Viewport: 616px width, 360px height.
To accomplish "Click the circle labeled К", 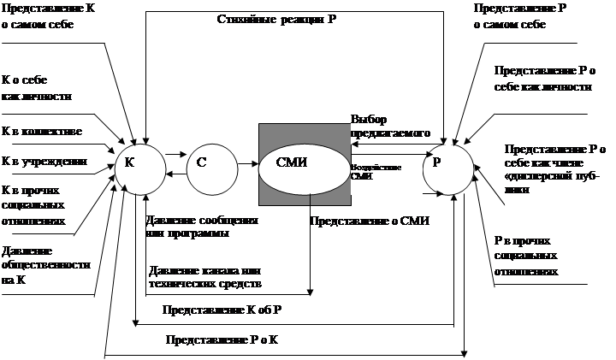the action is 139,162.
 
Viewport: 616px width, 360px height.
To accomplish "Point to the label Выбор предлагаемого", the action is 390,126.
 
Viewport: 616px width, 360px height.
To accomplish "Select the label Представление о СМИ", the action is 369,220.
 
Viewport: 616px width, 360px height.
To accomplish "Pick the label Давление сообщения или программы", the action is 202,227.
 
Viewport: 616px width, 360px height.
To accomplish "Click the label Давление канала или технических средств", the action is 204,275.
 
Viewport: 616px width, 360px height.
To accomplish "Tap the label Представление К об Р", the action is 229,311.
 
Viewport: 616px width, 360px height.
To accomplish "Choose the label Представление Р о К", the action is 234,340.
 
